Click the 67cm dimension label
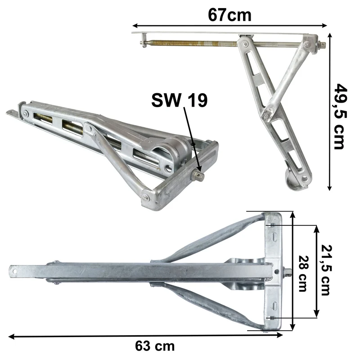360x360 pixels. click(229, 15)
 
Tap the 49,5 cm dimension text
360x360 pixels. click(340, 117)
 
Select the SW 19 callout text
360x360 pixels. click(179, 100)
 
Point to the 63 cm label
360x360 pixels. click(154, 346)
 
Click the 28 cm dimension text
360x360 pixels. click(303, 274)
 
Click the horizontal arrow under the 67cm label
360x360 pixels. click(229, 25)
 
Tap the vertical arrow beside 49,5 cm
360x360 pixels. click(330, 112)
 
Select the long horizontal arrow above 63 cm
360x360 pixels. click(145, 336)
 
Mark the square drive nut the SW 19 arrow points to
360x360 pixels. click(198, 175)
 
